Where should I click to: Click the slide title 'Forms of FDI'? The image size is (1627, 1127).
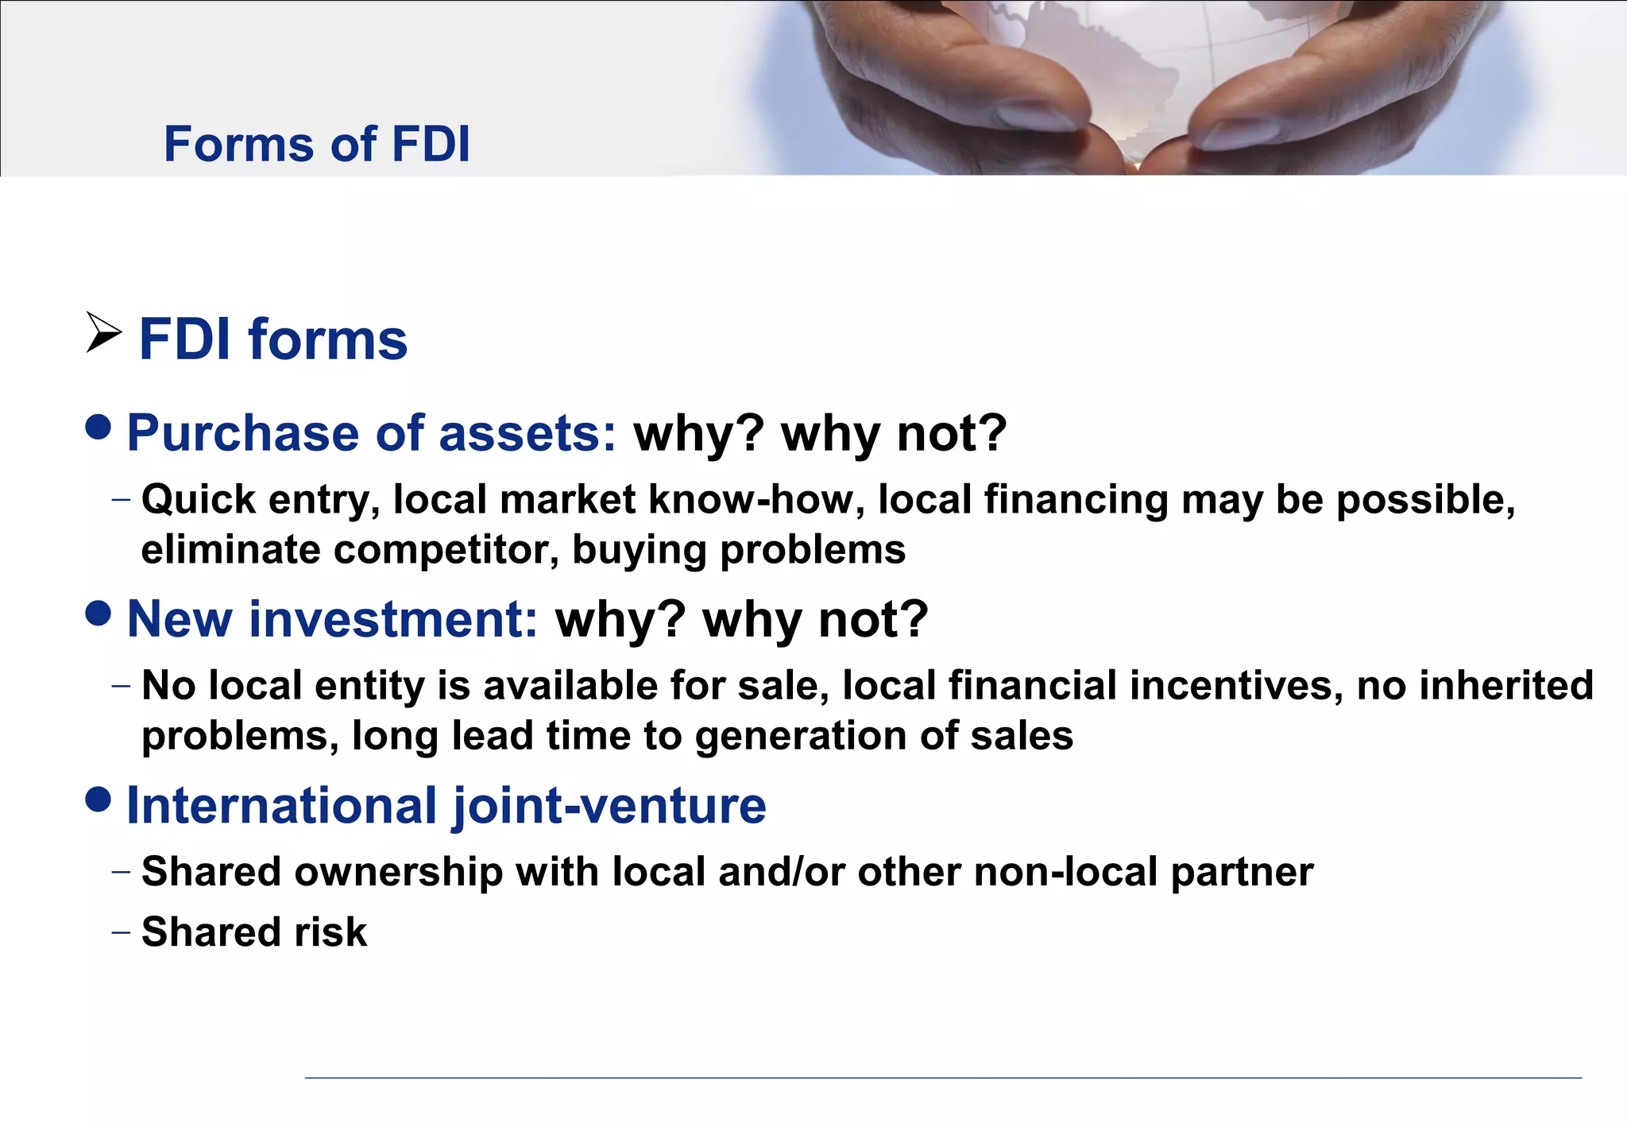[x=316, y=144]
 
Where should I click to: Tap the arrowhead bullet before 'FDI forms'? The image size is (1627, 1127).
[x=103, y=333]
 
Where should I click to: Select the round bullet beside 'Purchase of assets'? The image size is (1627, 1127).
[x=99, y=428]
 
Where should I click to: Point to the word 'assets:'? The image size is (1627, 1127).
[x=528, y=434]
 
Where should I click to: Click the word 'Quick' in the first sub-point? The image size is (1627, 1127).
[x=199, y=501]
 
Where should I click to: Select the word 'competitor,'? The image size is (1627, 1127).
[x=446, y=550]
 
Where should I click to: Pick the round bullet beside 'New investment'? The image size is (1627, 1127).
[x=99, y=614]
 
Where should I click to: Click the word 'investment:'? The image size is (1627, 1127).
[x=394, y=619]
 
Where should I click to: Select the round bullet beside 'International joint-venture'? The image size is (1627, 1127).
[x=99, y=800]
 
